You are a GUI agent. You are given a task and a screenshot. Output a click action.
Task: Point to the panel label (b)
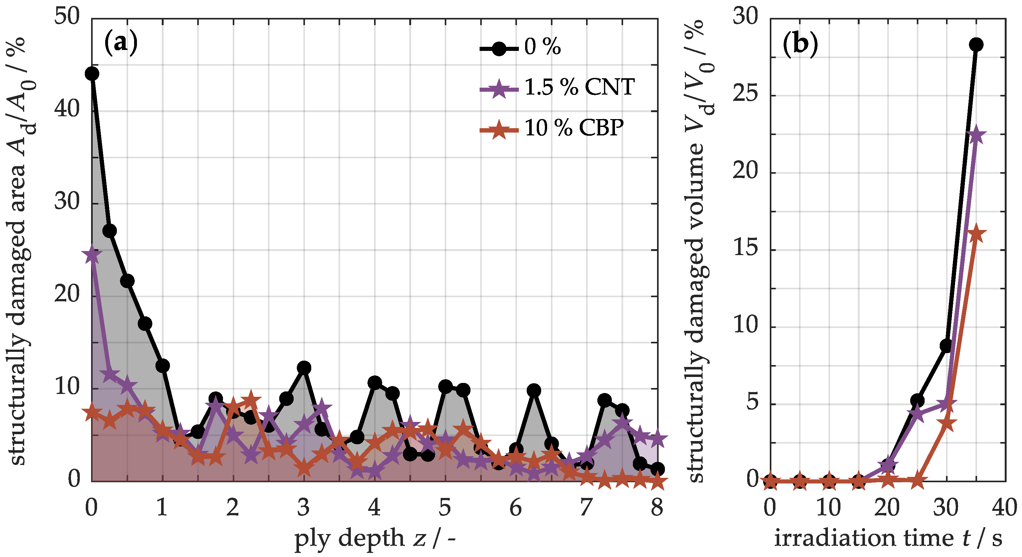[800, 44]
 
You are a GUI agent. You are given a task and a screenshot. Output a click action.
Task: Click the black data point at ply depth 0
[92, 74]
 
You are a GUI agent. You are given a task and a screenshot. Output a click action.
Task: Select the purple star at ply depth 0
[92, 254]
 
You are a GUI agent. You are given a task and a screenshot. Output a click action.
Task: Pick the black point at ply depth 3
[304, 368]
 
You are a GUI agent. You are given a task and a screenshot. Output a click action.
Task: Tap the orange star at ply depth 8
[657, 482]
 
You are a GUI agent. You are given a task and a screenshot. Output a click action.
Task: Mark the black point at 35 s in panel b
[976, 44]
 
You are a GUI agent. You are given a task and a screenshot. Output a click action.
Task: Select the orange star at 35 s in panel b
[976, 234]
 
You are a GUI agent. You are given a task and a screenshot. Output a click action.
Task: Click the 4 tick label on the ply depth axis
[374, 507]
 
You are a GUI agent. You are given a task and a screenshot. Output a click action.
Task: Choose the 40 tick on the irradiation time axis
[1004, 507]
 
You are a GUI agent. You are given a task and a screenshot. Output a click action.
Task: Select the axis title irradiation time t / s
[888, 539]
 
